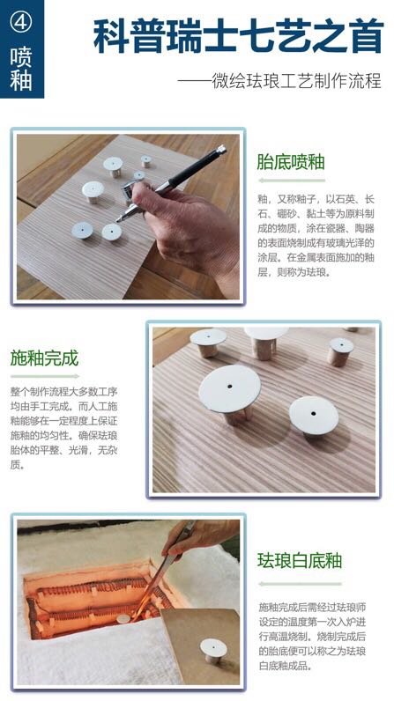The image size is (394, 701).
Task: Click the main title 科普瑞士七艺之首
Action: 237,37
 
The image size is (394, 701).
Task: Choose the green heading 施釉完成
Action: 44,358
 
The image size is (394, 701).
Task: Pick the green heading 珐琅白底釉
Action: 300,561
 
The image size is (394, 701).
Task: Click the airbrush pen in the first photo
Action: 176,175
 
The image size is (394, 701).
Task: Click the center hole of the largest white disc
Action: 229,386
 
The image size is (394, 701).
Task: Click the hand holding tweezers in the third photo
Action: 198,534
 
